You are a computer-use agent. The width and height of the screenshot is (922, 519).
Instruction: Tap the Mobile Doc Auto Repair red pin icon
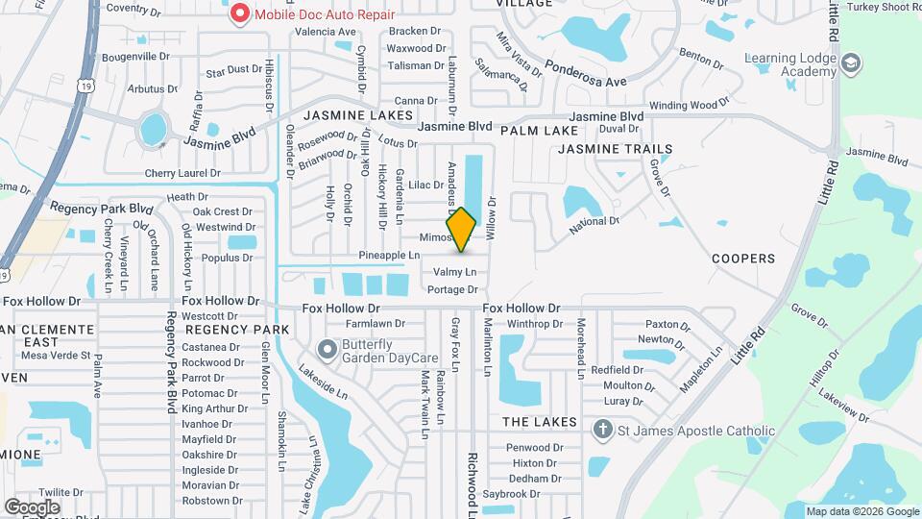[x=238, y=14]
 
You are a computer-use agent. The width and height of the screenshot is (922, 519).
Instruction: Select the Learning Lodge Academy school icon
[x=850, y=63]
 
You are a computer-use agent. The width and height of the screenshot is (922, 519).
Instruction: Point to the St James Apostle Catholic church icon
[x=602, y=430]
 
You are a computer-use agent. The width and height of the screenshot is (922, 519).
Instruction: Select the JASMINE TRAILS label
[x=616, y=149]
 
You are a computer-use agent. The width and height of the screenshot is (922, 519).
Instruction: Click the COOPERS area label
[x=742, y=259]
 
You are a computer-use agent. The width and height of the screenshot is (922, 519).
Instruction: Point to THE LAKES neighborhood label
[x=539, y=422]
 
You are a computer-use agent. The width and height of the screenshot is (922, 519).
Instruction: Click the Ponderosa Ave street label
[x=586, y=75]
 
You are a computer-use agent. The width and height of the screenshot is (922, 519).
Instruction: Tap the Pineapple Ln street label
[x=389, y=256]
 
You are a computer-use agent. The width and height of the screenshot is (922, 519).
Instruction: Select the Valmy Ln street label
[x=455, y=273]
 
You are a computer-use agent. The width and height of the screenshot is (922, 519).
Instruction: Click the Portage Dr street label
[x=452, y=289]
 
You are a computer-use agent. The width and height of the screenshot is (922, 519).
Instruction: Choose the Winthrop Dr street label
[x=535, y=324]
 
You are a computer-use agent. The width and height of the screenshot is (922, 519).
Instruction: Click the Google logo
[x=32, y=507]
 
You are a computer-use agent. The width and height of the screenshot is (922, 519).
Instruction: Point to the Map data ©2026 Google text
[x=861, y=511]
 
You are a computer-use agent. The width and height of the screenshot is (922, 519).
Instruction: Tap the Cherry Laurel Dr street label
[x=182, y=173]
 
